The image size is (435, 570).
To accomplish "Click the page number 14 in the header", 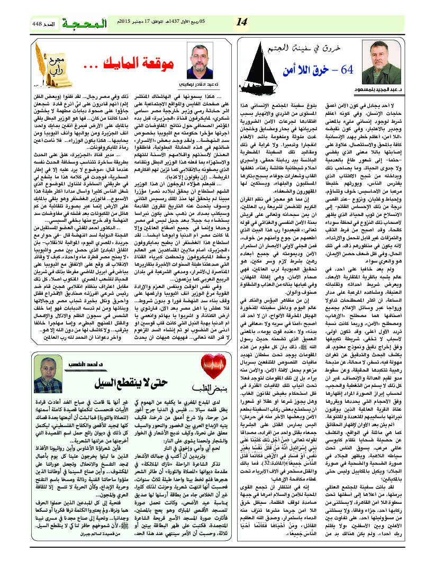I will pyautogui.click(x=242, y=22).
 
